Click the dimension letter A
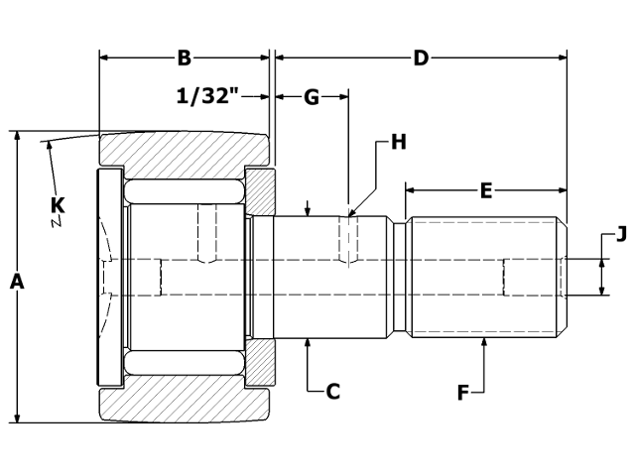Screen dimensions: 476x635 pos(16,283)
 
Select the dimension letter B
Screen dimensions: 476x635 pos(184,59)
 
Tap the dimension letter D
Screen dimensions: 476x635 pos(421,59)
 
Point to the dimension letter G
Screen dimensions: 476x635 pos(311,97)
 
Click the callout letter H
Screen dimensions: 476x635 pos(398,142)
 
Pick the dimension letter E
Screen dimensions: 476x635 pos(485,189)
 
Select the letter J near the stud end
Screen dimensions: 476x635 pos(621,235)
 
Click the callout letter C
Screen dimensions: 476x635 pos(333,392)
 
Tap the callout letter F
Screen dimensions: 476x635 pos(462,393)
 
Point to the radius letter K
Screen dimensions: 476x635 pos(58,205)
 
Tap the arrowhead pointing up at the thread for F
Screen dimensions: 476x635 pos(485,343)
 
